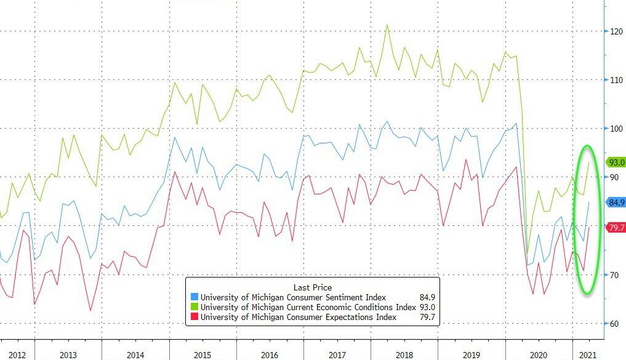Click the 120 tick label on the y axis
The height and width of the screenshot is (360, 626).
616,31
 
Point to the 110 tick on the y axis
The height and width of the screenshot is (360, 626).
616,80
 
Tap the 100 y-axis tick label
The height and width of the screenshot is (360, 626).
616,129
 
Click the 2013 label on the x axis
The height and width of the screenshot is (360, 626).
68,355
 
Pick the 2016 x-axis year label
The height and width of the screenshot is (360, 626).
269,355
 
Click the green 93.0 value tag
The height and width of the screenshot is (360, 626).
616,162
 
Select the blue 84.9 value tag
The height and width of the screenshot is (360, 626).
616,202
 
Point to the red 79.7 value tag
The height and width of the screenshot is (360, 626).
616,228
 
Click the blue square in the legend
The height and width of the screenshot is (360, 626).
195,298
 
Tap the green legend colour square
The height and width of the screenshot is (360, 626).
195,307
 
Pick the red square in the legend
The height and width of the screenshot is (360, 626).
195,317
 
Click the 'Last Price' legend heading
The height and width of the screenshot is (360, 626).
312,287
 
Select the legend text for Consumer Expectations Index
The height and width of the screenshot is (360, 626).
298,317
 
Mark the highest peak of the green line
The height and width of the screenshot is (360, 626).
387,25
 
